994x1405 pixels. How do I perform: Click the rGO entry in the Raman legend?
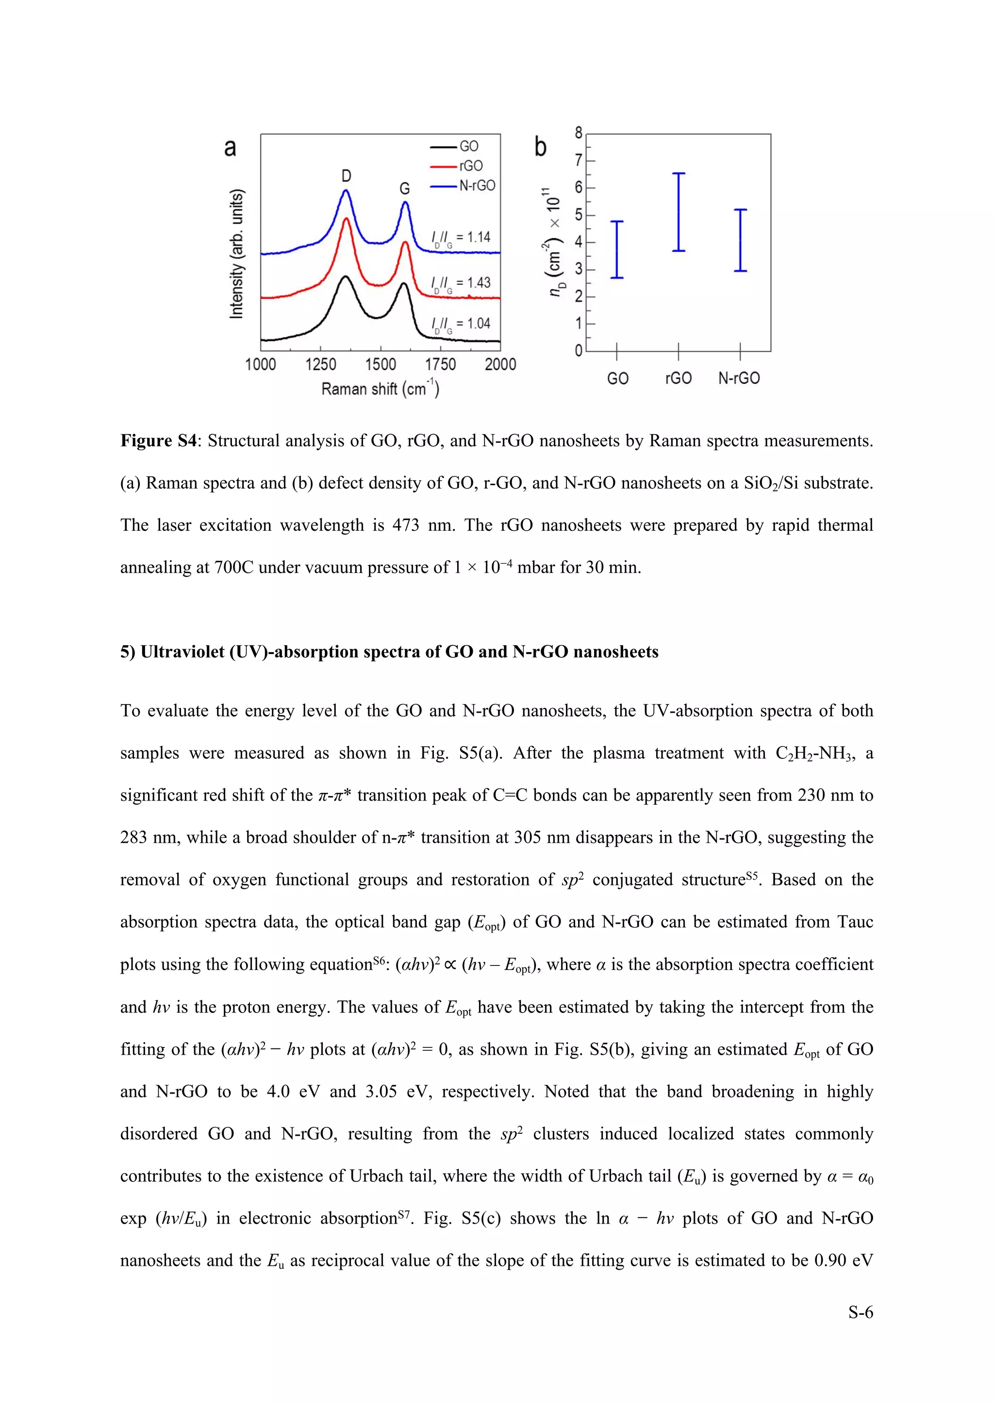470,166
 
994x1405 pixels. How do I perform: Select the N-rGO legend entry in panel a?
477,185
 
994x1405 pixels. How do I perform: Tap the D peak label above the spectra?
347,176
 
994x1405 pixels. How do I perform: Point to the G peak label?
405,188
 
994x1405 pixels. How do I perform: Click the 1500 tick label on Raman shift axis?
380,365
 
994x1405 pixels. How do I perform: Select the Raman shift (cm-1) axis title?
380,389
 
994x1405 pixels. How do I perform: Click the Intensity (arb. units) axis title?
237,254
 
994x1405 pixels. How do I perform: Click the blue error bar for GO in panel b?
617,250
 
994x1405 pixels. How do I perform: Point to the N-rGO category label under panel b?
739,378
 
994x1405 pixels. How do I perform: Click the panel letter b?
541,147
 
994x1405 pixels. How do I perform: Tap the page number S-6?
860,1312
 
